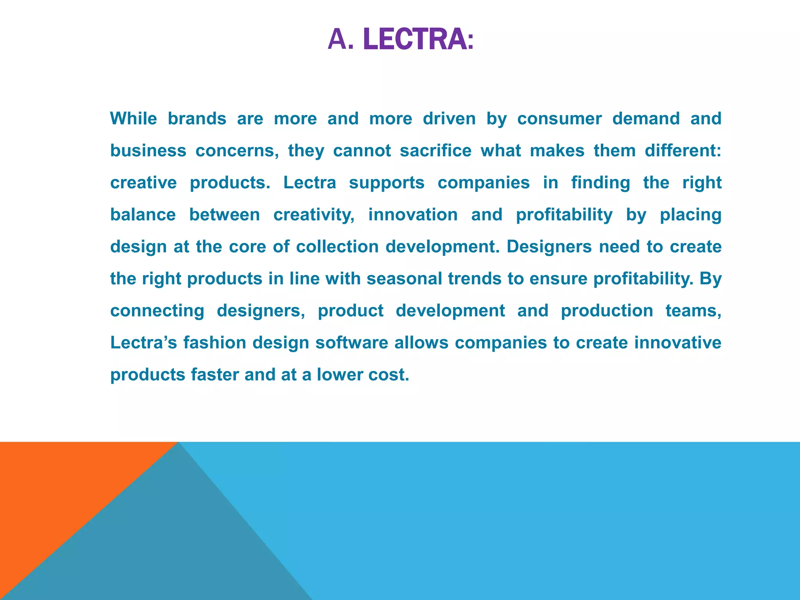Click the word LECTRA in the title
click(x=414, y=40)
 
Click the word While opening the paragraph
click(x=134, y=118)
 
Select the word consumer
click(x=559, y=118)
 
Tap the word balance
click(x=143, y=214)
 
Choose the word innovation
click(x=413, y=214)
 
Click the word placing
click(x=691, y=215)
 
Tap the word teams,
click(x=693, y=311)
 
